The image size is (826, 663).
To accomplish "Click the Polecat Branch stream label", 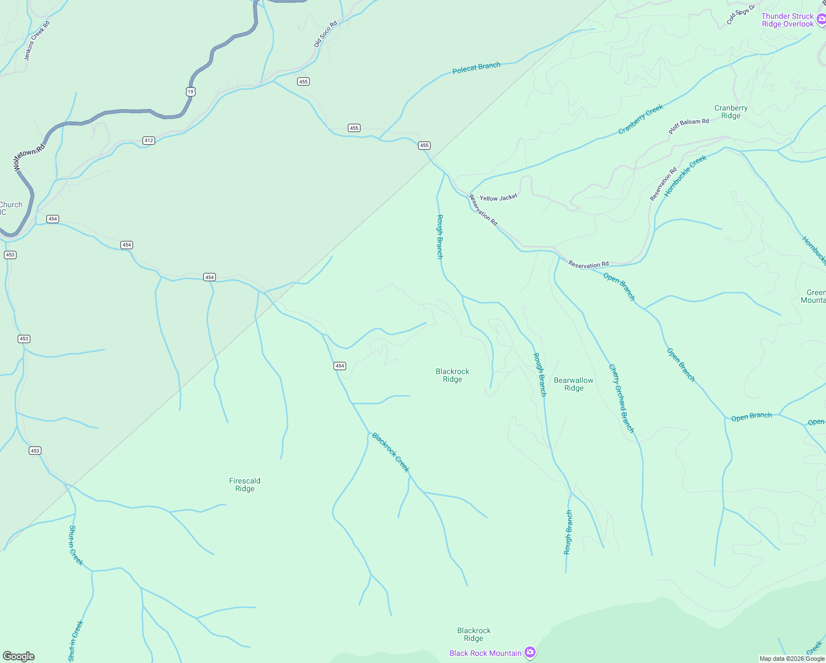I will [x=476, y=68].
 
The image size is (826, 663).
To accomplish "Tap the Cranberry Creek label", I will [x=640, y=119].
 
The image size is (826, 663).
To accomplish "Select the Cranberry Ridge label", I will [x=730, y=112].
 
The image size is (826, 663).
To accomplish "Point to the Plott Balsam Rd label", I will [x=689, y=126].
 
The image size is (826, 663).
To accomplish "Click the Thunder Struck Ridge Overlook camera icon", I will [x=821, y=20].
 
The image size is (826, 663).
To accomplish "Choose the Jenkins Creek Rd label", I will [x=37, y=40].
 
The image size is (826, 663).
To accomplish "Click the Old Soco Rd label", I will [x=325, y=34].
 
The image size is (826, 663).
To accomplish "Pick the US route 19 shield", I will [x=190, y=92].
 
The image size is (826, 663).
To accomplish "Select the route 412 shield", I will [x=149, y=140].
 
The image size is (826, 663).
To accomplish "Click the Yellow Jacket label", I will [x=499, y=198].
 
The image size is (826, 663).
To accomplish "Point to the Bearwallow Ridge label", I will [x=574, y=384].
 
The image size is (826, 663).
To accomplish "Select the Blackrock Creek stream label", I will [x=390, y=452].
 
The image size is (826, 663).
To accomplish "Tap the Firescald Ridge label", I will [x=245, y=485].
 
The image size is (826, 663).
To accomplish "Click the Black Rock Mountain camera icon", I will [x=530, y=653].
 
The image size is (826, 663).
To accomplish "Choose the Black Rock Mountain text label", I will [x=485, y=653].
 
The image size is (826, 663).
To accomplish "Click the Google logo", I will [x=19, y=656].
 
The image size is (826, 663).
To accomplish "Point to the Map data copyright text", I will [x=791, y=659].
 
